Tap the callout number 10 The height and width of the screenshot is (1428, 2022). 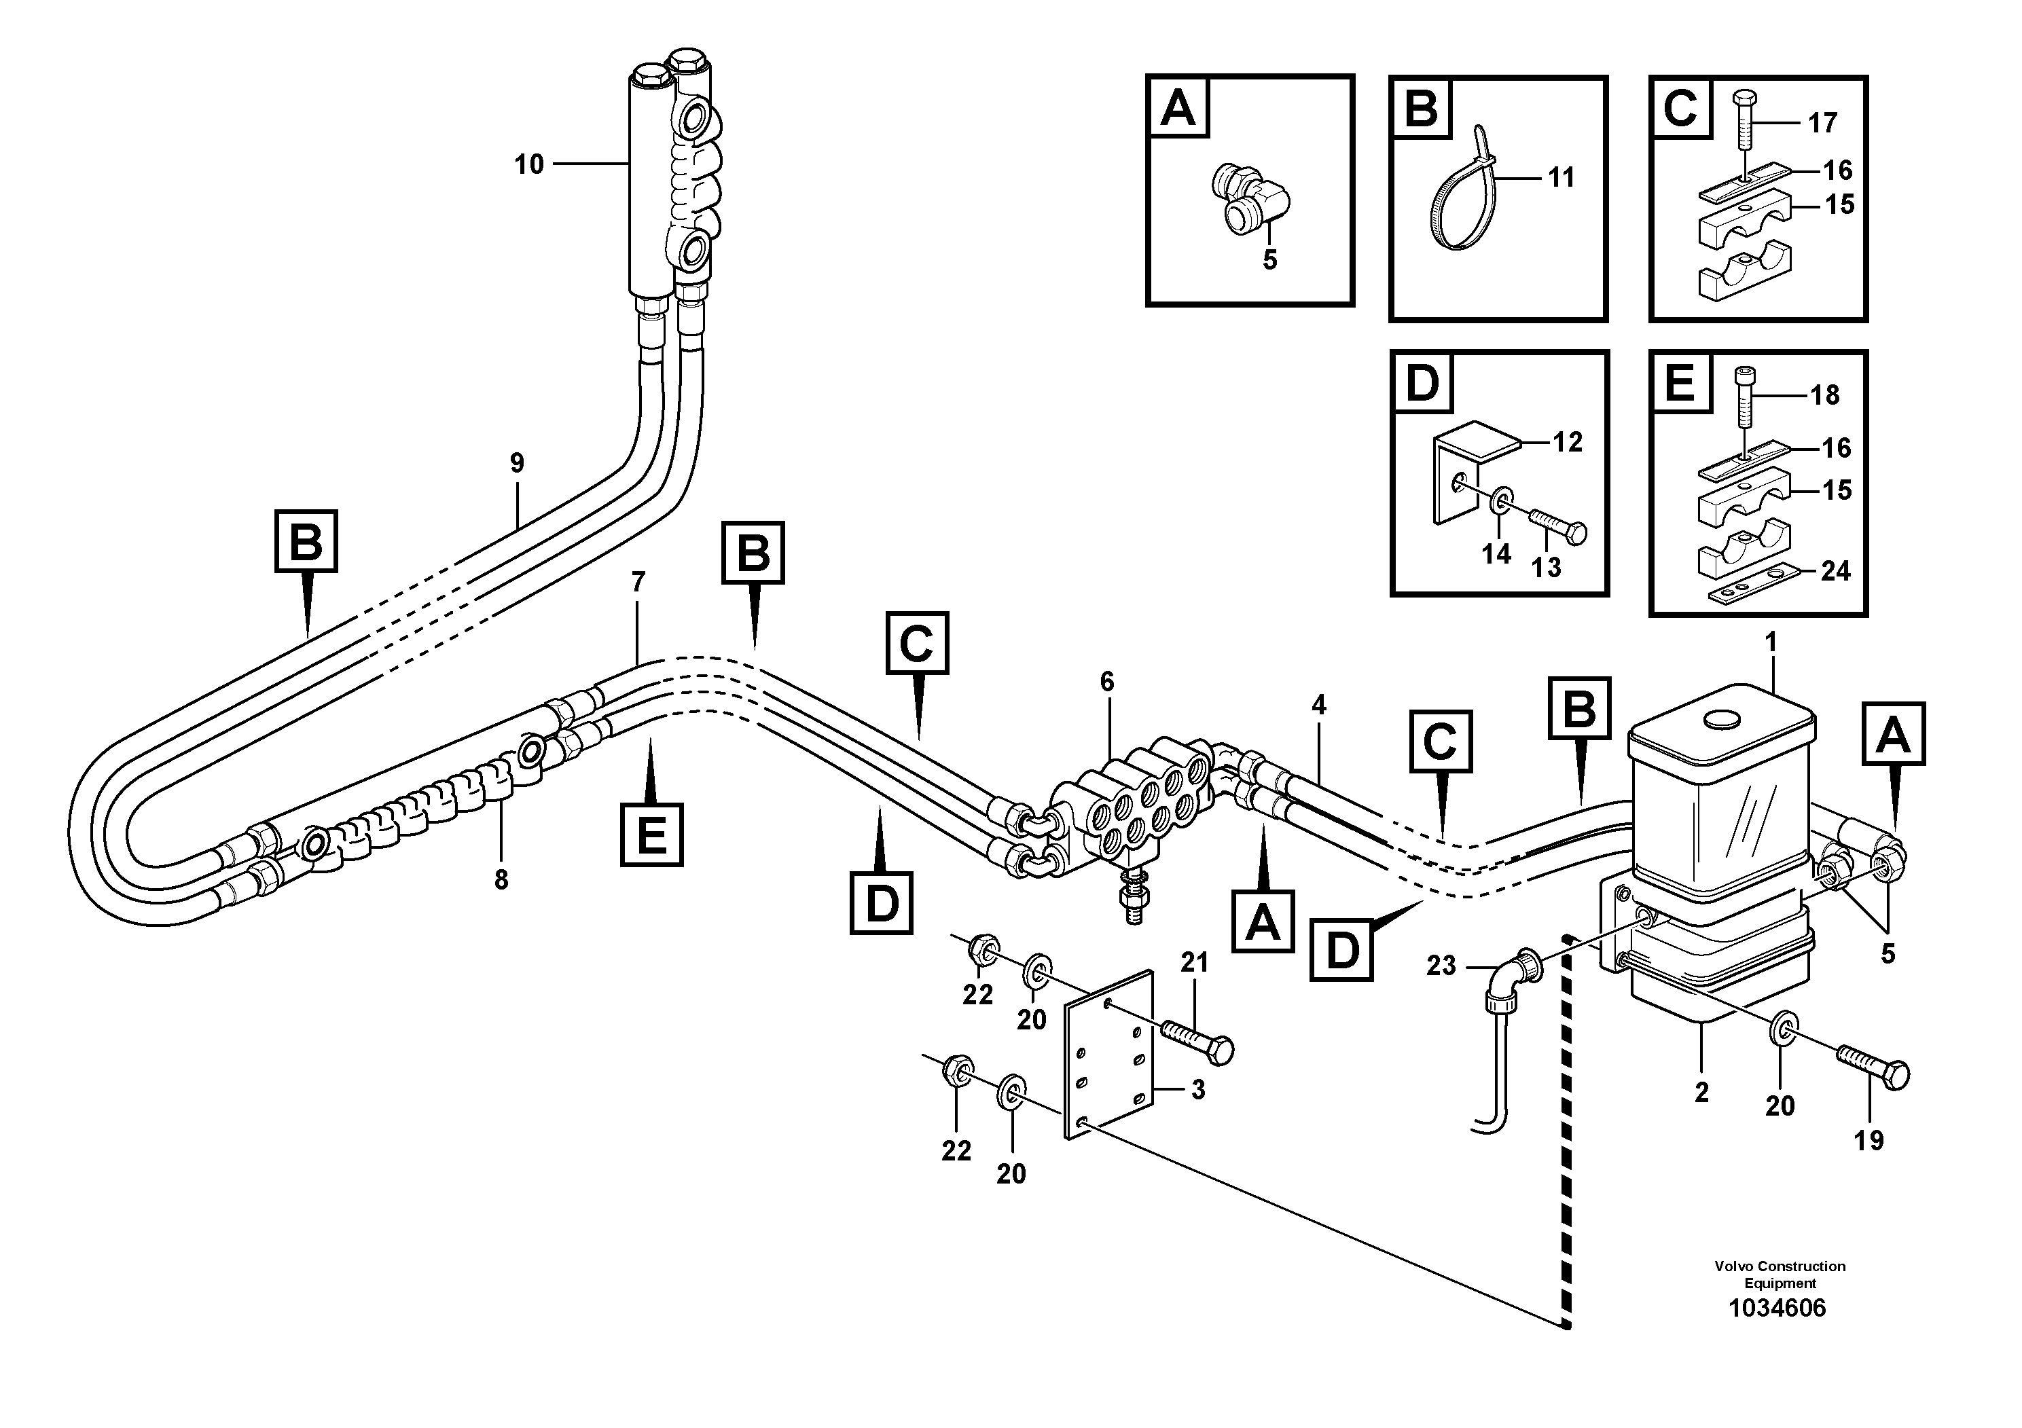528,164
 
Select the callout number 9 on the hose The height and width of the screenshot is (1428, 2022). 517,463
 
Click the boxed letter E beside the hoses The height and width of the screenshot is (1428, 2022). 651,834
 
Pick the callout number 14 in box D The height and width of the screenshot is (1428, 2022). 1496,554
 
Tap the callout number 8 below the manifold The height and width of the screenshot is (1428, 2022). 501,879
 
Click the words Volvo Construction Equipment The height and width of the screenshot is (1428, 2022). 1779,1274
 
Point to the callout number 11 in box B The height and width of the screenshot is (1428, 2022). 1561,178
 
